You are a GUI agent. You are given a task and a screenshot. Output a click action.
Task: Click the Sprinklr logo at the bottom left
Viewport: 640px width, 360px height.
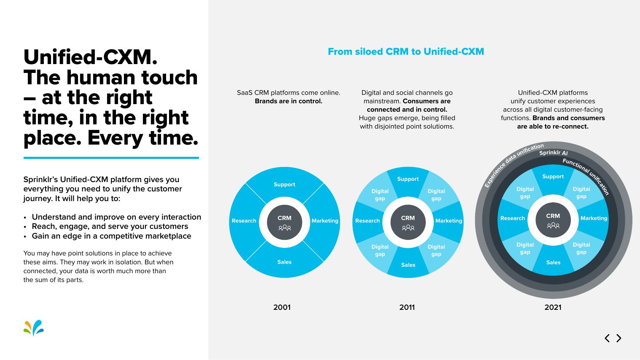34,328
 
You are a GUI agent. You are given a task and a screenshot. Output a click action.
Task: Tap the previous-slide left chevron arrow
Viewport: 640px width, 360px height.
607,338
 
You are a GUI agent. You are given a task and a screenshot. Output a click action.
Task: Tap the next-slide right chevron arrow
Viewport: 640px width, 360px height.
619,338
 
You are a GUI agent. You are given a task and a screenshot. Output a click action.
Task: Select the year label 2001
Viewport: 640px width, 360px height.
282,307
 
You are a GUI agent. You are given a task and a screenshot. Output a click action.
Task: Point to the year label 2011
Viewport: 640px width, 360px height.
407,307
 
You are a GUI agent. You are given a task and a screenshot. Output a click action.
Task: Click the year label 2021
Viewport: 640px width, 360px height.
553,307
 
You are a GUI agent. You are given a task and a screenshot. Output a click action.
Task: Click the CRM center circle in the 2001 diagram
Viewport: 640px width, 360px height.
285,222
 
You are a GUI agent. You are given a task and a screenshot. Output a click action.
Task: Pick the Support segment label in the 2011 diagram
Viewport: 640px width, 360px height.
408,179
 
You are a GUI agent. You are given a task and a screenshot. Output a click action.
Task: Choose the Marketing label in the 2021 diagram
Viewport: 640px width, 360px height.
594,218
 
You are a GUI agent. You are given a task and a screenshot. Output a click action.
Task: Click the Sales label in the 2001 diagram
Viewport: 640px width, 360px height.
285,262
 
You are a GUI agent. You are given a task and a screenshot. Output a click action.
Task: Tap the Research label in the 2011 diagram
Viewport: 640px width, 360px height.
367,221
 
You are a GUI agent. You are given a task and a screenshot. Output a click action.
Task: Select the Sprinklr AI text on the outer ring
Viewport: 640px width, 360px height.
554,153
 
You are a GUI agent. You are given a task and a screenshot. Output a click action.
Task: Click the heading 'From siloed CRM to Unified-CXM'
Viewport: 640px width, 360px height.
406,52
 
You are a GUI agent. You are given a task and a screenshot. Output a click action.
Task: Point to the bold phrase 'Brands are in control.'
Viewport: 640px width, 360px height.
288,101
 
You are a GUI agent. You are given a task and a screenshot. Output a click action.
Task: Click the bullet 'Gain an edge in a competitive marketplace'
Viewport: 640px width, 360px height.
111,236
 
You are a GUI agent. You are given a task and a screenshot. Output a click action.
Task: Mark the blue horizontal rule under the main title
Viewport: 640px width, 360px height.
111,158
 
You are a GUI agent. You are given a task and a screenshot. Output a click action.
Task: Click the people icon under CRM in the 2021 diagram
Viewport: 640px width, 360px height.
553,226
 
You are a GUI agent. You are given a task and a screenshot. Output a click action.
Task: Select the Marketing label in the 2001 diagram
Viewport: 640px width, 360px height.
325,221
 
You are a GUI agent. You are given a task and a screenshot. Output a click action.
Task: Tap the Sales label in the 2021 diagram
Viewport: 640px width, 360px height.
553,263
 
